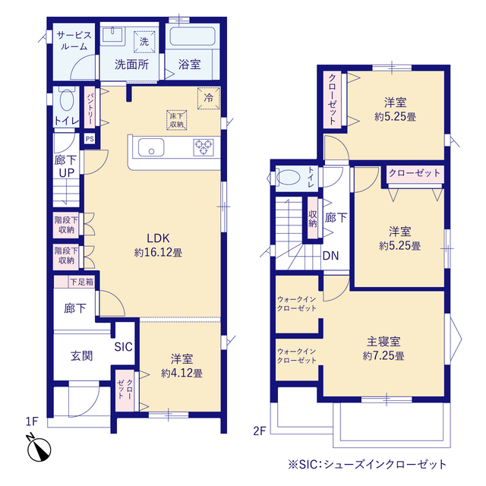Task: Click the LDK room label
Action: pos(158,235)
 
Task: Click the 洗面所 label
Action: pos(131,65)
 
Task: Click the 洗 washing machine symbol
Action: pos(144,42)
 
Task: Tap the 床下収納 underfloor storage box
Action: pos(177,120)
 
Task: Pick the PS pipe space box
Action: pos(90,138)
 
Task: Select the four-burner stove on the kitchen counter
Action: pos(204,146)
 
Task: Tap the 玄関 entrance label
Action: pos(81,355)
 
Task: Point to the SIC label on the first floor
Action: pos(124,347)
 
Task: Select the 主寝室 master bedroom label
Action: pos(383,342)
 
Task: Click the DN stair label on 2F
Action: pos(330,255)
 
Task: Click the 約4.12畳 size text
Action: pos(181,373)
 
